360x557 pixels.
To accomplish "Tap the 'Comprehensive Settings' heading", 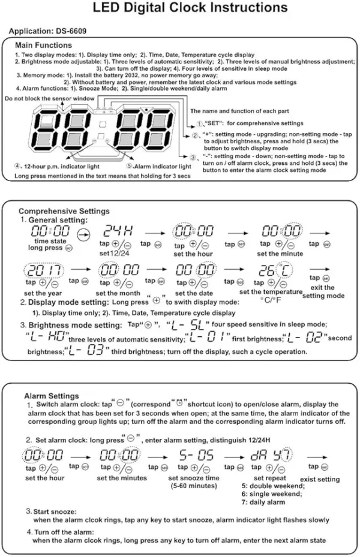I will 64,211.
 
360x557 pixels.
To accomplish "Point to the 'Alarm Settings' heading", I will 51,396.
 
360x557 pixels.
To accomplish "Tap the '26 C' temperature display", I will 272,270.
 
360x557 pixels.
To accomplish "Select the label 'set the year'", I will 41,293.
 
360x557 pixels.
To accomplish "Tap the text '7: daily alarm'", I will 263,502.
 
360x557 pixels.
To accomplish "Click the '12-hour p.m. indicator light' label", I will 54,165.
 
